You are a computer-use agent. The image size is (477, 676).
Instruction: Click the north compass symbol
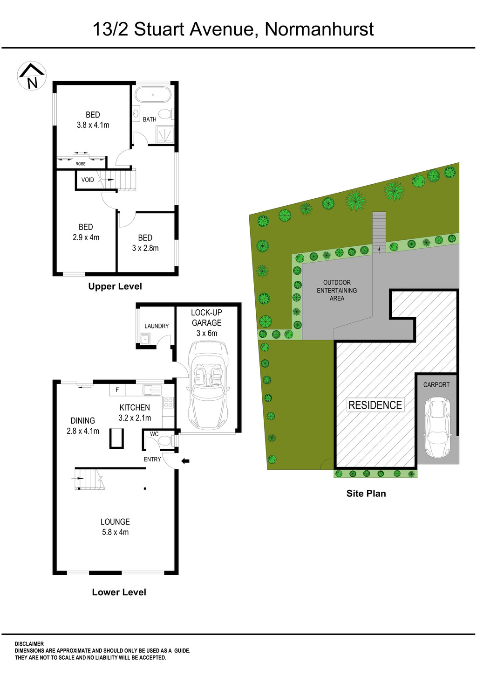coord(32,76)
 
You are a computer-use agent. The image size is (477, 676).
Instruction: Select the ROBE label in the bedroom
coord(81,164)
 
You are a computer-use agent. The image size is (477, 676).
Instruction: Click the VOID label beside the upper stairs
coord(88,180)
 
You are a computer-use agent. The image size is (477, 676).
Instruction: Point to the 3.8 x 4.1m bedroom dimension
coord(93,125)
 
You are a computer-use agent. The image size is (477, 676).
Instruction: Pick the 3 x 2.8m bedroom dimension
coord(145,248)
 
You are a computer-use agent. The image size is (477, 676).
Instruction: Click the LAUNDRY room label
coord(157,326)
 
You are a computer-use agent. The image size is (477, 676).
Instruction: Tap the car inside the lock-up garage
coord(208,385)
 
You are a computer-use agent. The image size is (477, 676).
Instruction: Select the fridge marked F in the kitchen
coord(117,390)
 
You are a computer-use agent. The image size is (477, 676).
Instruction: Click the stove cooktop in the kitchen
coord(168,402)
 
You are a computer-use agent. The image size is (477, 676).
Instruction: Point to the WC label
coord(154,434)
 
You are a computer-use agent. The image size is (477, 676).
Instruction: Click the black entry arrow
coord(185,461)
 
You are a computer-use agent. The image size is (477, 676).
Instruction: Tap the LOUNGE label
coord(115,522)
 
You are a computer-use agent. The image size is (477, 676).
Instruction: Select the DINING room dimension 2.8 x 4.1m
coord(83,431)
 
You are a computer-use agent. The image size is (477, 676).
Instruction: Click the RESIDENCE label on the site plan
coord(375,405)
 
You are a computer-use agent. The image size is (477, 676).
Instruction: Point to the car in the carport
coord(437,426)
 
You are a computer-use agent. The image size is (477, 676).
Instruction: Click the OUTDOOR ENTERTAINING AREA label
coord(337,290)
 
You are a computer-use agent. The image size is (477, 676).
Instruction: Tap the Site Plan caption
coord(366,494)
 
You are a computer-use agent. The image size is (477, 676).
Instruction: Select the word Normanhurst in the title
coord(319,29)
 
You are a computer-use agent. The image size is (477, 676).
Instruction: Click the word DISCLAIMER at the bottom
coord(29,644)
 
